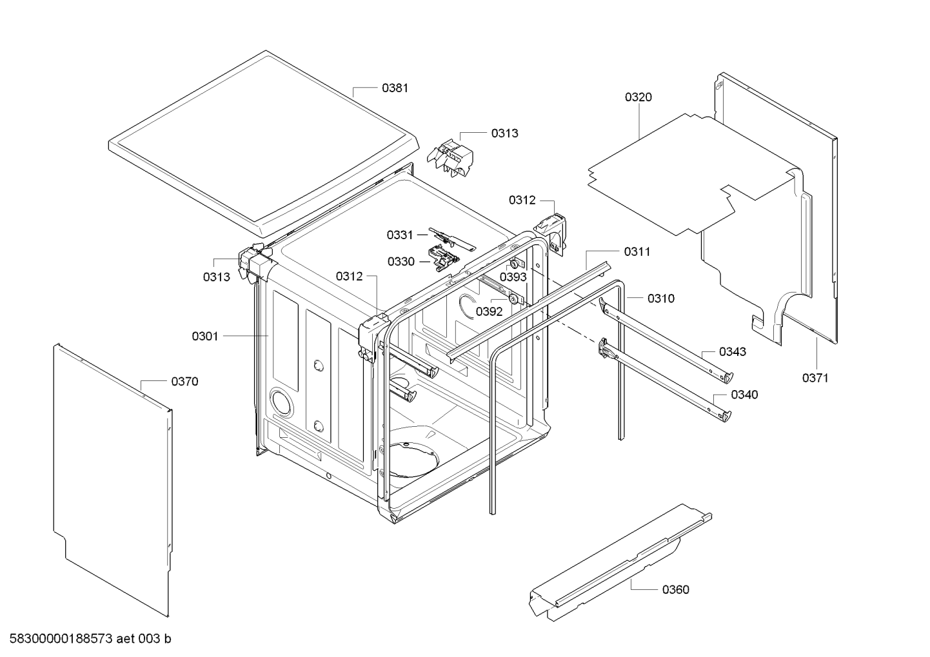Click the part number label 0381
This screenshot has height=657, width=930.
tap(395, 88)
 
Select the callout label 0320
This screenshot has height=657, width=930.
tap(638, 97)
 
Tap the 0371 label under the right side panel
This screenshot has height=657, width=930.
tap(815, 378)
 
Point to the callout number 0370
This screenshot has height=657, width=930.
tap(184, 382)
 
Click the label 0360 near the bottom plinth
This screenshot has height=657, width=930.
tap(675, 590)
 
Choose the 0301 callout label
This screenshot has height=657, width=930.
tap(204, 336)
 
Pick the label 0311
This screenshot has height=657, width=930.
tap(637, 251)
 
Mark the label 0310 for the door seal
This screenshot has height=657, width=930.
tap(661, 299)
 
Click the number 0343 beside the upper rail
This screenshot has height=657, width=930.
tap(733, 352)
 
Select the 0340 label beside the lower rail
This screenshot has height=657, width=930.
tap(744, 395)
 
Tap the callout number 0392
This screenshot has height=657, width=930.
tap(489, 311)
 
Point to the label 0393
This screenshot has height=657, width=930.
tap(513, 277)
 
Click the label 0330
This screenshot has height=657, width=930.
tap(401, 262)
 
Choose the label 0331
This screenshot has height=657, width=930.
tap(400, 235)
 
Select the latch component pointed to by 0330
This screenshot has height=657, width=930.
tap(442, 258)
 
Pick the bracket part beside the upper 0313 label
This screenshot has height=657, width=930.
tap(450, 158)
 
